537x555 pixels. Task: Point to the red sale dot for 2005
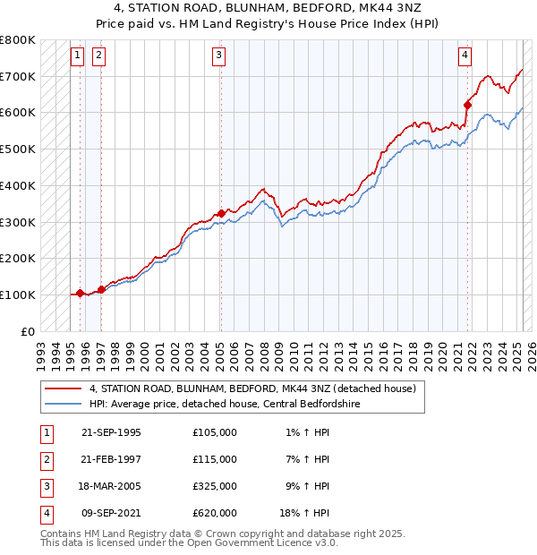[x=221, y=213]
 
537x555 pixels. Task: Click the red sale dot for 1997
[x=101, y=289]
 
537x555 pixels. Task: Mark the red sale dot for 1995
[x=80, y=293]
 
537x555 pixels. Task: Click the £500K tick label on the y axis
[x=18, y=149]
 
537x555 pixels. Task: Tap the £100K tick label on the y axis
[x=18, y=295]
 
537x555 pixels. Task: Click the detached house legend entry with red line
[x=252, y=389]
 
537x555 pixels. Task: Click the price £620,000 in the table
[x=215, y=513]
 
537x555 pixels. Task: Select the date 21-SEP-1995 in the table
[x=111, y=432]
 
